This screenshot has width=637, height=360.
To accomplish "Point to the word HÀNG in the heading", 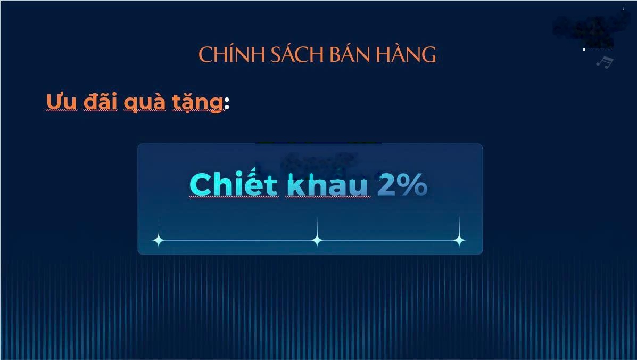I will point(407,55).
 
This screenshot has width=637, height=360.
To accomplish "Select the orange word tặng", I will point(196,102).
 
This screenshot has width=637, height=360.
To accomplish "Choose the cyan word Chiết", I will point(233,185).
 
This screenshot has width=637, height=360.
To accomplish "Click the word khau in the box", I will point(327,185).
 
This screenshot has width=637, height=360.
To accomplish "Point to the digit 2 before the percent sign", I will point(386,185).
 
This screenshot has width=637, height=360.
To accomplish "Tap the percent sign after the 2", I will point(413,185).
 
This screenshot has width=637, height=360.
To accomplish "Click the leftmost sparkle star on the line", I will point(158,240).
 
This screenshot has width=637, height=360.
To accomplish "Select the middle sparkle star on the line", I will point(317,240).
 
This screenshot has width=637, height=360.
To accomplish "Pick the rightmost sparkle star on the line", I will point(459,240).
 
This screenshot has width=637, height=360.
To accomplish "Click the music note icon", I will point(604,62).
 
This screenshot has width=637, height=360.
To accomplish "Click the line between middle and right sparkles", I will point(388,240).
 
